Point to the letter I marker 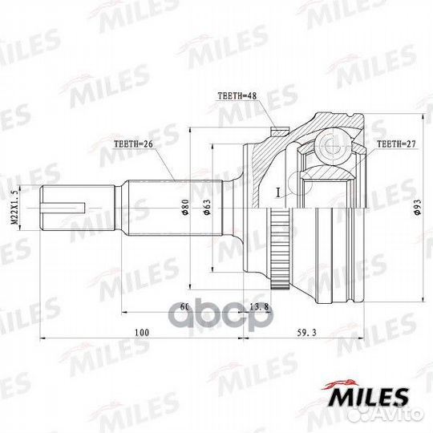pos(275,192)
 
